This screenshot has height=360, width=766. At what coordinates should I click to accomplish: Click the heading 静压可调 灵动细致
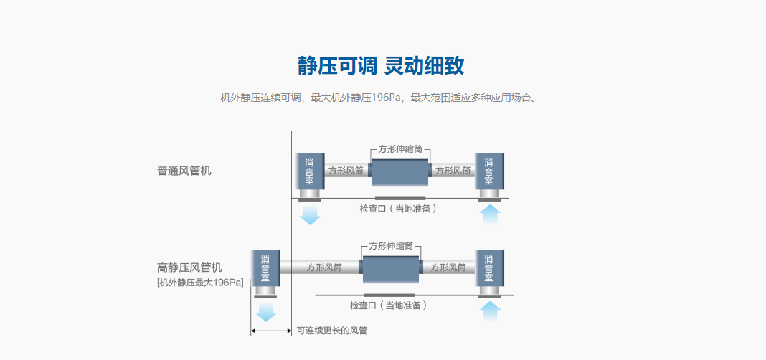pyautogui.click(x=381, y=66)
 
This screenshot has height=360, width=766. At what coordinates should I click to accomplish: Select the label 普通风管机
pyautogui.click(x=184, y=171)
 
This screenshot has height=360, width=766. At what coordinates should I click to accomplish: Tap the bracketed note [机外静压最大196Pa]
pyautogui.click(x=200, y=283)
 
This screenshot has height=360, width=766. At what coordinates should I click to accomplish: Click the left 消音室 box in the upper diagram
pyautogui.click(x=310, y=172)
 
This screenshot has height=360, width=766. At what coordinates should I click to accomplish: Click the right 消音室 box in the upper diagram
pyautogui.click(x=489, y=172)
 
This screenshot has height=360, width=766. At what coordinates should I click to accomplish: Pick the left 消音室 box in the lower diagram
pyautogui.click(x=265, y=268)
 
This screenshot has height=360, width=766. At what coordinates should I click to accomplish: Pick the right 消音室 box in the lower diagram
pyautogui.click(x=489, y=268)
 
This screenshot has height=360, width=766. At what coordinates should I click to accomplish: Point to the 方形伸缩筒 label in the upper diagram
pyautogui.click(x=400, y=149)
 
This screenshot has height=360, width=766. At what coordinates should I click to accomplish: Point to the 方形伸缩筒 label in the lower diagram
pyautogui.click(x=391, y=245)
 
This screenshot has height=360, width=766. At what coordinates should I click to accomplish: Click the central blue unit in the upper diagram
pyautogui.click(x=399, y=174)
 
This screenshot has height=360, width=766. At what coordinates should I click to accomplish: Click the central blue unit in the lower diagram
pyautogui.click(x=389, y=270)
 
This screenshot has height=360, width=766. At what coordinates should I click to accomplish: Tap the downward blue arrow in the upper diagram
pyautogui.click(x=310, y=214)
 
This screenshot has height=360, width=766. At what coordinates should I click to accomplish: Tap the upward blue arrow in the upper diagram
pyautogui.click(x=489, y=214)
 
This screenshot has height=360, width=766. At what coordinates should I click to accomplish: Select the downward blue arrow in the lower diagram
pyautogui.click(x=265, y=311)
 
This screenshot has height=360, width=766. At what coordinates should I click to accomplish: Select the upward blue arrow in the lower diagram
pyautogui.click(x=489, y=311)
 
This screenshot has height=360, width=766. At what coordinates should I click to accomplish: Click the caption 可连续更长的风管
pyautogui.click(x=326, y=331)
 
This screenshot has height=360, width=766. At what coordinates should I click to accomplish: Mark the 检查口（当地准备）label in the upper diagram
pyautogui.click(x=398, y=209)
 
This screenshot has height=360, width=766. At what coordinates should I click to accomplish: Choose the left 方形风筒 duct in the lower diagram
pyautogui.click(x=324, y=267)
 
